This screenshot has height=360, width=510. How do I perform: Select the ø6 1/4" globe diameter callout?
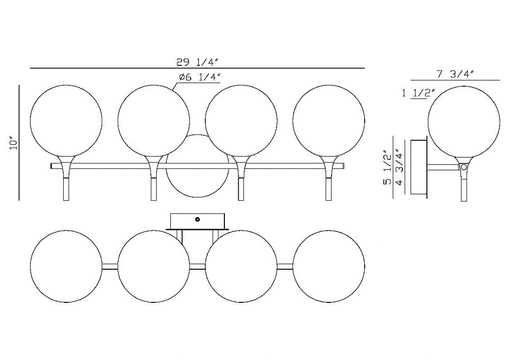click(x=200, y=78)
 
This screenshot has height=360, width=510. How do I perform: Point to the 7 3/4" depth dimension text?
click(x=455, y=74)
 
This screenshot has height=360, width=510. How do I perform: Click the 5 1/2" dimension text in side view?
click(x=388, y=167)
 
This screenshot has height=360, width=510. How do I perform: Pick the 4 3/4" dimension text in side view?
click(x=399, y=167)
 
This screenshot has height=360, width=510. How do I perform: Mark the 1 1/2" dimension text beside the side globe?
click(x=418, y=93)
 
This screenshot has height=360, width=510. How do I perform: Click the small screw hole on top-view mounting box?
click(x=197, y=219)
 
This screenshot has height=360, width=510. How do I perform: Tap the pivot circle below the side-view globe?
click(x=464, y=167)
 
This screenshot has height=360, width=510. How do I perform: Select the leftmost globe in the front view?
click(x=66, y=121)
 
